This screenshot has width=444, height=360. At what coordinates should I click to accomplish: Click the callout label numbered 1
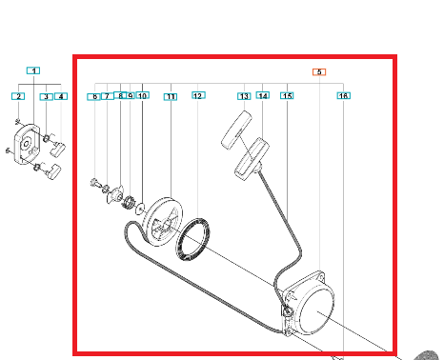coord(33,70)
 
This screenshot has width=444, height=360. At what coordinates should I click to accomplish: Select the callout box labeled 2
coord(18,96)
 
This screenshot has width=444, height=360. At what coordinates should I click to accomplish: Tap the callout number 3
coord(47,96)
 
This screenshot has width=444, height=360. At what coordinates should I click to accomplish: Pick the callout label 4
coord(61,96)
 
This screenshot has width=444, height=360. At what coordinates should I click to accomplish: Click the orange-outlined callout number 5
coord(319,72)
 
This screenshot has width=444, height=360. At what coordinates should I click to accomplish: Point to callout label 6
coord(94,96)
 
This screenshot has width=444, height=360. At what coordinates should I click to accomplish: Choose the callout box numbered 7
coord(108,96)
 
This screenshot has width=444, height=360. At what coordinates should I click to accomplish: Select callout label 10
coord(143,95)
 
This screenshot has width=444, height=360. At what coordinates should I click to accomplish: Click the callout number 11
coord(171,97)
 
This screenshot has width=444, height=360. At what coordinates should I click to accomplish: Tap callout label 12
coord(198,95)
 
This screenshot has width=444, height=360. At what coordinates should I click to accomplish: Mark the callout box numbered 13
coord(244,96)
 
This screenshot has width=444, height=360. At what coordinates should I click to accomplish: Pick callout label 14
coord(263,95)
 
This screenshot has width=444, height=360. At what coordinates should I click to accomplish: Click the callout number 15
coord(287,95)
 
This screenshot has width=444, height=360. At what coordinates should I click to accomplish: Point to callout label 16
coord(344,95)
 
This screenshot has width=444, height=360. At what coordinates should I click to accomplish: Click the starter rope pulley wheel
coord(163,221)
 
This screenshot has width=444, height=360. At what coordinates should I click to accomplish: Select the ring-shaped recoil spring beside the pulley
coord(193,239)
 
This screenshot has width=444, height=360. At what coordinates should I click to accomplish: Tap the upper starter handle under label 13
coord(236,130)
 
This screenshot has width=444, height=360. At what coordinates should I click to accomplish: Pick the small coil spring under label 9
coord(128,202)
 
